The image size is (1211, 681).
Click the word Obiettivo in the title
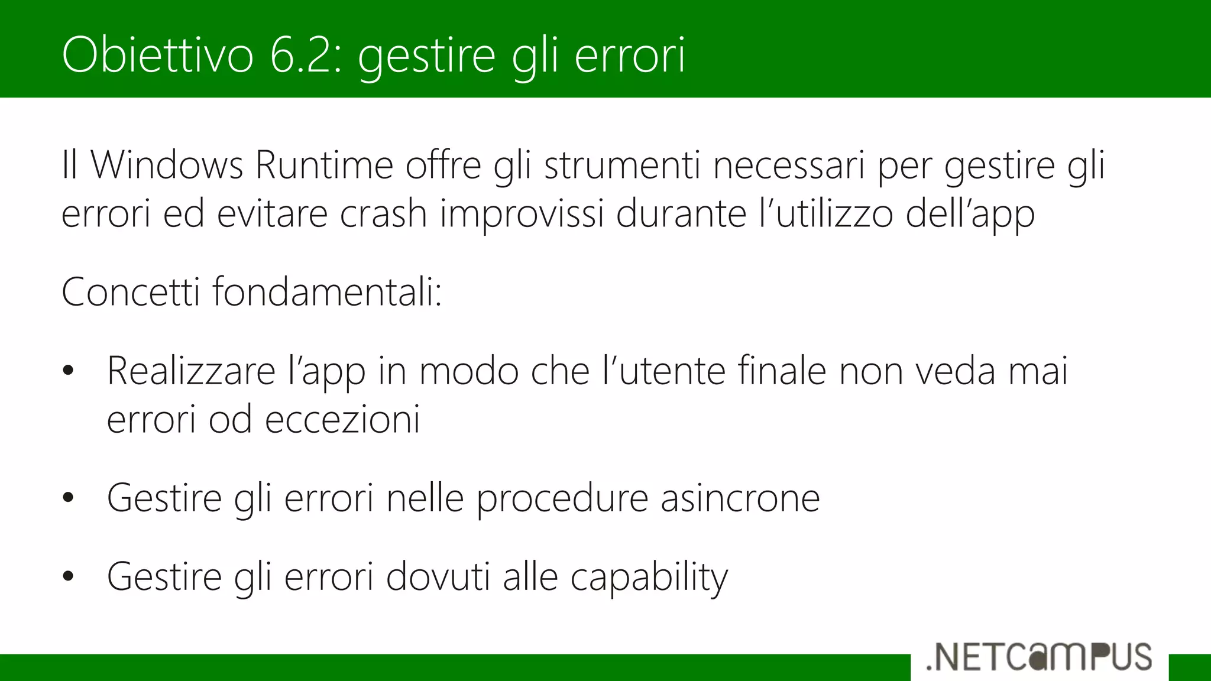[x=157, y=55]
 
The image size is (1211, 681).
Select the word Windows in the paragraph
[x=166, y=165]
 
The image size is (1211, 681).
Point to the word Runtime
[x=324, y=165]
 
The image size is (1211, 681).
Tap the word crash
[x=383, y=213]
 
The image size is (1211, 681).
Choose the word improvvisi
[x=522, y=213]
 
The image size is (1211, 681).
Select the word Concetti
[x=131, y=292]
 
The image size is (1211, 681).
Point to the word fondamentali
[x=327, y=292]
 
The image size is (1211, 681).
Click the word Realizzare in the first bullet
[x=191, y=371]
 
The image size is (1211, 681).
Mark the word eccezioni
[x=342, y=420]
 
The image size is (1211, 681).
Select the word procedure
[x=562, y=498]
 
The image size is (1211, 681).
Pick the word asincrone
[x=740, y=498]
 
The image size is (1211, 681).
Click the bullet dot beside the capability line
[x=68, y=577]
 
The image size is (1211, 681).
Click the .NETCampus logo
[x=1039, y=657]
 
